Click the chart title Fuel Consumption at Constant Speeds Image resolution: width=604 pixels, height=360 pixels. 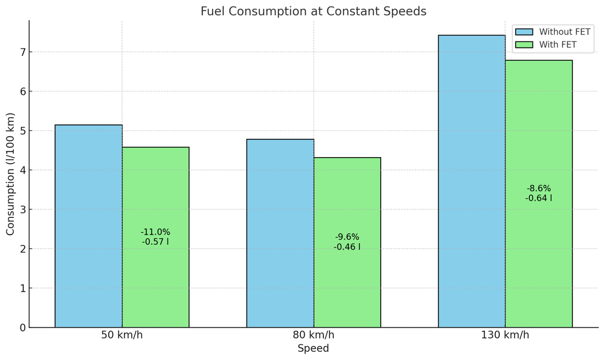[313, 11]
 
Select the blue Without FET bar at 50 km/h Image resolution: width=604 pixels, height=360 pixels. [88, 226]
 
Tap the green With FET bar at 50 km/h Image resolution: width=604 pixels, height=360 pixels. [156, 285]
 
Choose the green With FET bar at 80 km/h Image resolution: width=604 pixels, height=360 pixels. [347, 291]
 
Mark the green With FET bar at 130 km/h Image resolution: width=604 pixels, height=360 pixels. [538, 258]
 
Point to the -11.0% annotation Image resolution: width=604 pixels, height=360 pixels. [156, 232]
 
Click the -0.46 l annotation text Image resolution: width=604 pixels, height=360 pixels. [347, 247]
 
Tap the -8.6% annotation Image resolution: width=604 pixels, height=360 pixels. [538, 188]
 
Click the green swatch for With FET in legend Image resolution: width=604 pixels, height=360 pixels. [524, 45]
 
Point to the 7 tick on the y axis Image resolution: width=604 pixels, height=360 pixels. [22, 52]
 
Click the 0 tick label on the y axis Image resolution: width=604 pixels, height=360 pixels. [22, 328]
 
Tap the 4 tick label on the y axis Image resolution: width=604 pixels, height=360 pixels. [22, 170]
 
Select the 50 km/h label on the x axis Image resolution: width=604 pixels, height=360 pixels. [122, 335]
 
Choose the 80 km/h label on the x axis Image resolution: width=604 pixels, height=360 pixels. [313, 335]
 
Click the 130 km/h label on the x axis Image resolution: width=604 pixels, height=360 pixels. [505, 335]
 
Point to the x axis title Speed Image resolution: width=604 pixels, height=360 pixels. [313, 349]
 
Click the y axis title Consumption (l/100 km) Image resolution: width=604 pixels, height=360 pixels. [11, 174]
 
